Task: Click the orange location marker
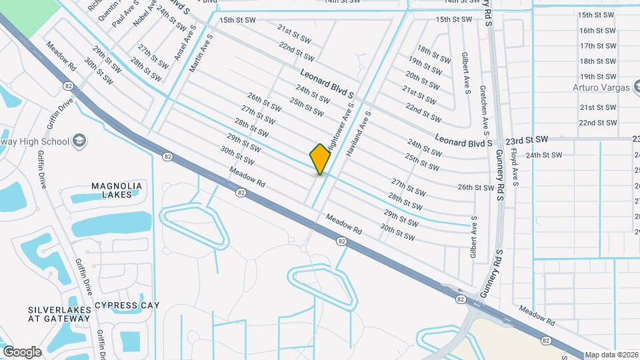(x=320, y=159)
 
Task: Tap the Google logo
(x=22, y=351)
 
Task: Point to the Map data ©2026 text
(x=611, y=355)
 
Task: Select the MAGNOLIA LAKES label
(x=117, y=190)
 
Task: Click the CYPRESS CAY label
(x=127, y=305)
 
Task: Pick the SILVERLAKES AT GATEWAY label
(x=59, y=315)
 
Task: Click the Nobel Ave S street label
(x=145, y=14)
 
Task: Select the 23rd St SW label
(x=526, y=140)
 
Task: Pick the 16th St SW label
(x=597, y=31)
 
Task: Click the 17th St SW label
(x=597, y=46)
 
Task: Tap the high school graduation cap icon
(x=79, y=141)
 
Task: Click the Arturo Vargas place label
(x=601, y=87)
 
